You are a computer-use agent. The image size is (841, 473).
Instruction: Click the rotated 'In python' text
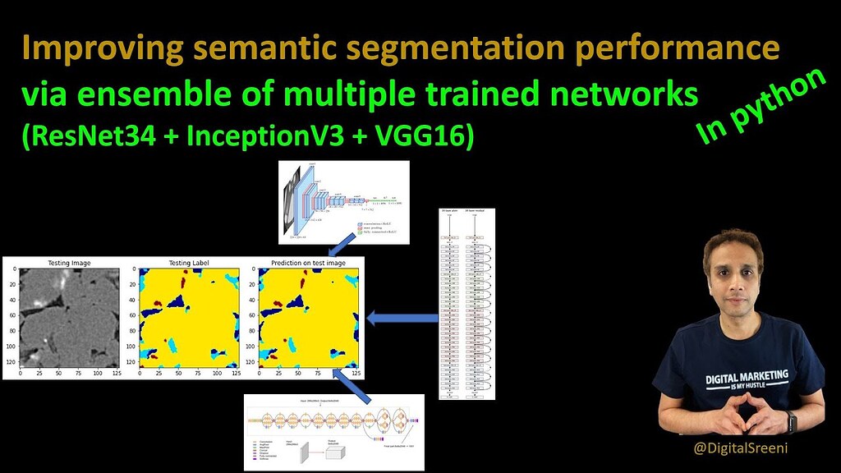761,107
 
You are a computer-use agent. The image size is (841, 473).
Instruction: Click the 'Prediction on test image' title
307,264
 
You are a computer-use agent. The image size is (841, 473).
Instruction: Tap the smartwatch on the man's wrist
792,424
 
